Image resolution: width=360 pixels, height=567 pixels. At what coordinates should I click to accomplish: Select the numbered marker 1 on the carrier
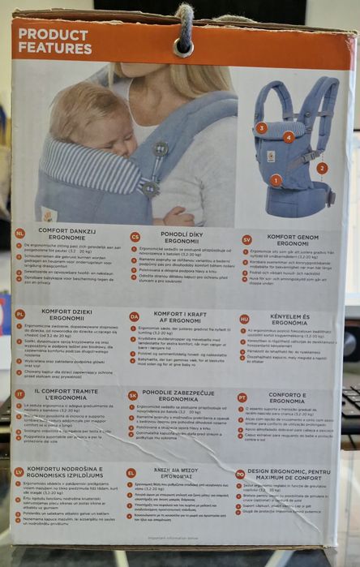tap(276, 180)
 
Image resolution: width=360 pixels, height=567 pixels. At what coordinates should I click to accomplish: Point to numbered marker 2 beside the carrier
tap(322, 168)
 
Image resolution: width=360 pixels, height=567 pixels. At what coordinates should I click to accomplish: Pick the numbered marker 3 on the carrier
tap(261, 127)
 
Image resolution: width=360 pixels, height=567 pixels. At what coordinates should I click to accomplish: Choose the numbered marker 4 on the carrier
tap(289, 137)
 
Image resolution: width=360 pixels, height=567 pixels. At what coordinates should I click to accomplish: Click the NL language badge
tap(19, 233)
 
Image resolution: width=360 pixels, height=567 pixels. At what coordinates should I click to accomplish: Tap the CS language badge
tap(135, 237)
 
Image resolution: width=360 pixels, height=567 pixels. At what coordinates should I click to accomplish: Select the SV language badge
tap(246, 240)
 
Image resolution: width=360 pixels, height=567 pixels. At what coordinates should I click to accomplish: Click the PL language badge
tap(19, 313)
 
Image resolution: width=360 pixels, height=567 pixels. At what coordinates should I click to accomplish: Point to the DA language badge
tap(135, 316)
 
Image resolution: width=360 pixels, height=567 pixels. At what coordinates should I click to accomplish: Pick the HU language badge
tap(244, 319)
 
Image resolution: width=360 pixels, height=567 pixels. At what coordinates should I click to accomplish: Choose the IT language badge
tap(19, 393)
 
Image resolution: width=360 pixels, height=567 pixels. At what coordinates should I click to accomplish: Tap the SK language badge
tap(134, 396)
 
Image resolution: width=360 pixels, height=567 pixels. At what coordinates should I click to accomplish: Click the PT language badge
tap(242, 397)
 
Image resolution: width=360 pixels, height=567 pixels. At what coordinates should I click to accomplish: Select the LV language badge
tap(19, 471)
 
